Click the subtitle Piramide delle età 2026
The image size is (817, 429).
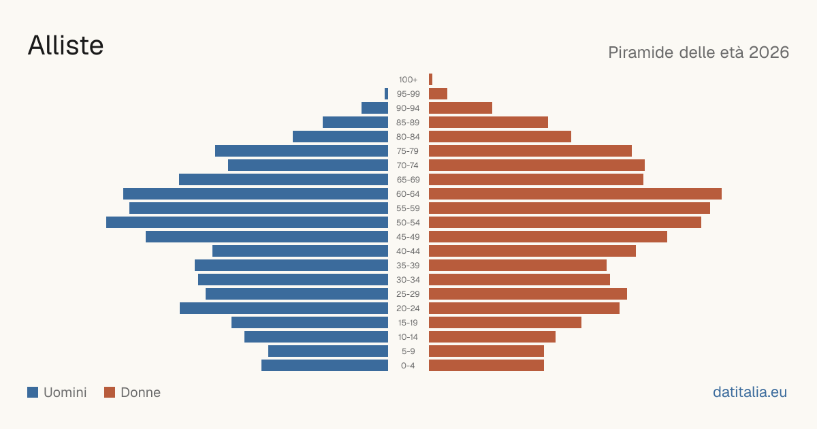[x=699, y=52]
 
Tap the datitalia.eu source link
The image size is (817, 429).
[x=750, y=392]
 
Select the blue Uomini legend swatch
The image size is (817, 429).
[x=33, y=392]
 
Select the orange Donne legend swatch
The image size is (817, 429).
[x=110, y=392]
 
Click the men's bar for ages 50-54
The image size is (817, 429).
[x=247, y=223]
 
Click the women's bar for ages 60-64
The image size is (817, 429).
[x=575, y=193]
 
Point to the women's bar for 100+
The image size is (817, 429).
[x=431, y=80]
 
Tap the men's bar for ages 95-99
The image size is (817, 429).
[x=386, y=94]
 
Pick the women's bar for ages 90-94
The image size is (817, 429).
[x=461, y=108]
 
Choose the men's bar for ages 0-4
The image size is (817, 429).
[x=325, y=366]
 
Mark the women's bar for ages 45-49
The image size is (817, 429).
[x=548, y=237]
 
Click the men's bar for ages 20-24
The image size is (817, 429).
[x=284, y=308]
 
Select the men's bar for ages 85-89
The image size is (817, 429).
[x=355, y=122]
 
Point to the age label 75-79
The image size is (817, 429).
[x=408, y=151]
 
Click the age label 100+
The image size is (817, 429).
[x=408, y=80]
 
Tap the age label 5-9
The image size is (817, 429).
[x=408, y=351]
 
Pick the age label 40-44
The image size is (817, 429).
[x=408, y=251]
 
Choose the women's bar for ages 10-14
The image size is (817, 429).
[x=492, y=336]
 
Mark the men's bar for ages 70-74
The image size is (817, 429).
[x=308, y=165]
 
